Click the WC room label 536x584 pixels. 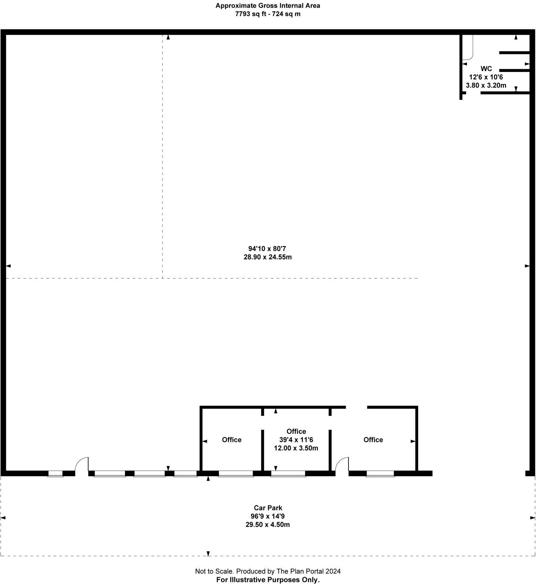486,69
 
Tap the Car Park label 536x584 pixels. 268,508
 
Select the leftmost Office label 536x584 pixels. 231,439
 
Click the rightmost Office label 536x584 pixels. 373,439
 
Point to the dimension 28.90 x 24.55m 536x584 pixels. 267,257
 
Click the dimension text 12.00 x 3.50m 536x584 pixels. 296,448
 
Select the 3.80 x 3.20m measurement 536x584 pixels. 486,85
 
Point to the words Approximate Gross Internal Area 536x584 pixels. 268,6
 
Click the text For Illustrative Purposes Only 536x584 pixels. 268,580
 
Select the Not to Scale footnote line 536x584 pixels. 268,571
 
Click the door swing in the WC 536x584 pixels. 468,49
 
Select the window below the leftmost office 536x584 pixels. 236,474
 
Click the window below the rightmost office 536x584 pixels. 380,474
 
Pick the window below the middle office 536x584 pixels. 288,474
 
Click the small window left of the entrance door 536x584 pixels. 55,474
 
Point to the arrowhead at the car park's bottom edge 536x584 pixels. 208,554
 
